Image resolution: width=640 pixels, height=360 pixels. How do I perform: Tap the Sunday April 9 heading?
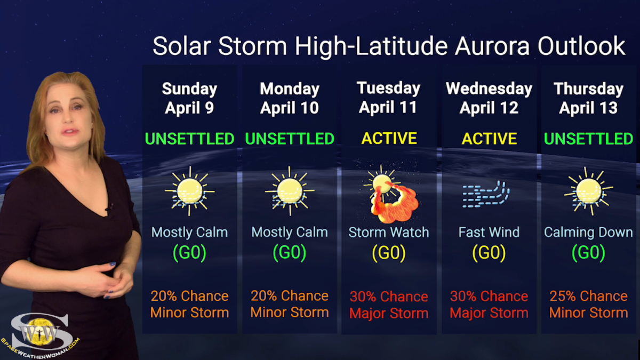pyautogui.click(x=189, y=98)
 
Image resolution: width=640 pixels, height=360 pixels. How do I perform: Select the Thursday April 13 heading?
pyautogui.click(x=588, y=98)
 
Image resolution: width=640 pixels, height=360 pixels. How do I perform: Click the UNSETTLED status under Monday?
pyautogui.click(x=290, y=139)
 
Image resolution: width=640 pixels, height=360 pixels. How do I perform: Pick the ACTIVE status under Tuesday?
pyautogui.click(x=389, y=139)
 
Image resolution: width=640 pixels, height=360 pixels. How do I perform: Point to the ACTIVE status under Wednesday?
pyautogui.click(x=489, y=139)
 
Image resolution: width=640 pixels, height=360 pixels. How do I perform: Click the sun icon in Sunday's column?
pyautogui.click(x=189, y=191)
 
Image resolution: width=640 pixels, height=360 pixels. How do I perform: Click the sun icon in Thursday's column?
pyautogui.click(x=588, y=191)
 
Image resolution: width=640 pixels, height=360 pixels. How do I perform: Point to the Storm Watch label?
pyautogui.click(x=389, y=233)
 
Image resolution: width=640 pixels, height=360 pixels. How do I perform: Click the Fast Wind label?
pyautogui.click(x=489, y=233)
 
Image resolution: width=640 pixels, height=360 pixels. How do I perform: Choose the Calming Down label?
pyautogui.click(x=588, y=233)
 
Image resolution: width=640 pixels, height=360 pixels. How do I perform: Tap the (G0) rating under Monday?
pyautogui.click(x=290, y=252)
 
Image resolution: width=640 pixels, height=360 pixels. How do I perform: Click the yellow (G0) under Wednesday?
pyautogui.click(x=489, y=252)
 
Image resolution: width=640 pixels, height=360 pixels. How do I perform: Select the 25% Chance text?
pyautogui.click(x=588, y=296)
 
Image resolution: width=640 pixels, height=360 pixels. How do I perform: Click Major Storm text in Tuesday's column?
pyautogui.click(x=389, y=313)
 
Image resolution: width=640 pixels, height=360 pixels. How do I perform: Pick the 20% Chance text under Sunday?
pyautogui.click(x=189, y=296)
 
